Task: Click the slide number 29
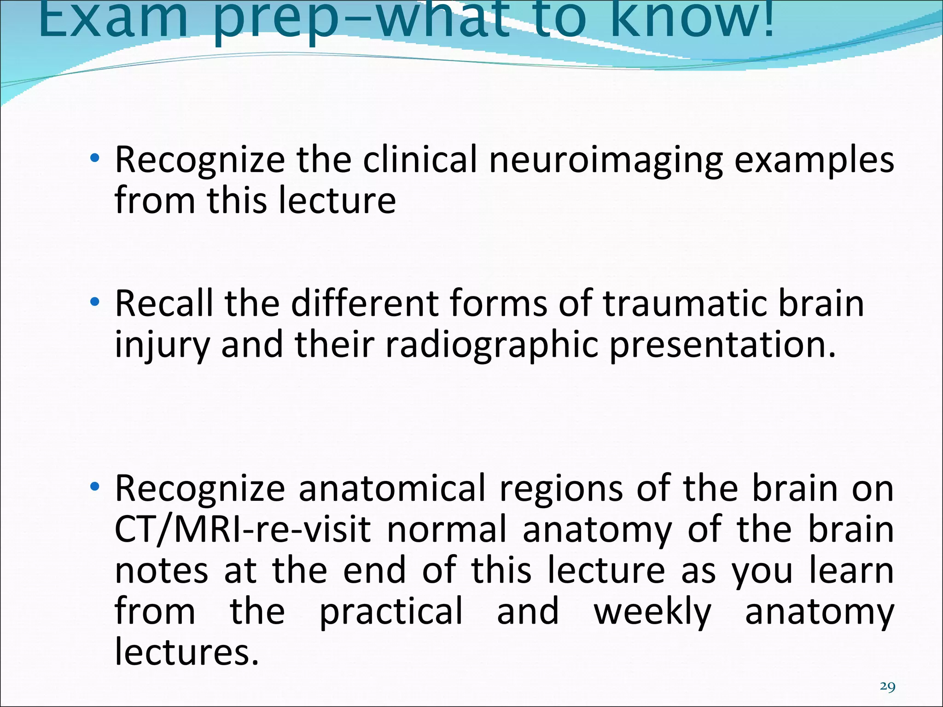[887, 686]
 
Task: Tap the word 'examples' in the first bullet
[814, 160]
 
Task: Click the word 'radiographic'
[492, 345]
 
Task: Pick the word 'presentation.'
[722, 345]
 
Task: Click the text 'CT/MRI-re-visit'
[243, 529]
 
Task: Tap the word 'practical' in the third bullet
[391, 611]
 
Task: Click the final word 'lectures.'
[187, 652]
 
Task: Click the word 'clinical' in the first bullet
[419, 160]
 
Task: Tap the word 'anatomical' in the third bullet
[392, 489]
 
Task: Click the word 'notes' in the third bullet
[161, 571]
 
